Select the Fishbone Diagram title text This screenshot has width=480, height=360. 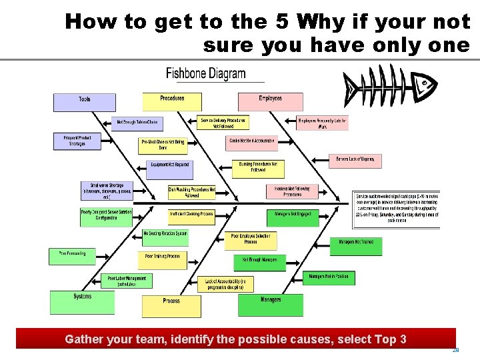(x=205, y=73)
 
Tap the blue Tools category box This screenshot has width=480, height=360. (x=85, y=101)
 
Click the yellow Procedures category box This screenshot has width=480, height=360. (x=172, y=101)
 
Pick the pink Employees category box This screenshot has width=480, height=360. (x=270, y=101)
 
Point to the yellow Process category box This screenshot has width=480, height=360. (x=171, y=305)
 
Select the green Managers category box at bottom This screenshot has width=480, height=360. (x=270, y=304)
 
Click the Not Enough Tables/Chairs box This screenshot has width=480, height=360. (x=138, y=123)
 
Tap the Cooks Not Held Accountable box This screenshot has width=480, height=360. (x=252, y=142)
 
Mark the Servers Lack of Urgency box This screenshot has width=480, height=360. (x=355, y=160)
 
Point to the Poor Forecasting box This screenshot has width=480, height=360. (x=72, y=255)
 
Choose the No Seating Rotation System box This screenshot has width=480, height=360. (x=165, y=235)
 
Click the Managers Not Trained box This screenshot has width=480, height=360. (x=356, y=245)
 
